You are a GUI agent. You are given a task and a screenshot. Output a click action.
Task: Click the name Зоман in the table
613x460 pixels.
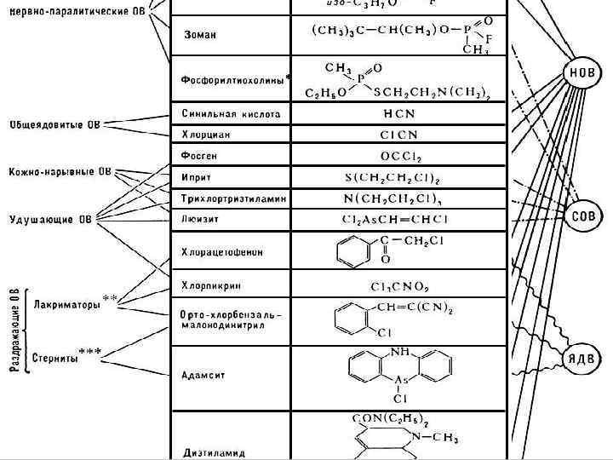(200, 35)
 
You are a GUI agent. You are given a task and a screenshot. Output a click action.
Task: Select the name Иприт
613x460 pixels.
(197, 178)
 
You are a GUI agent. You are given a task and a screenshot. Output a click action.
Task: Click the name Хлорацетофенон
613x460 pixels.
(222, 252)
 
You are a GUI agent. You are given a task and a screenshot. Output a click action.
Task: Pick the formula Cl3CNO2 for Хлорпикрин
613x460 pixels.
(398, 285)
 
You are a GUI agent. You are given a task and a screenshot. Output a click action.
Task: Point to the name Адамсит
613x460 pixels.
(204, 375)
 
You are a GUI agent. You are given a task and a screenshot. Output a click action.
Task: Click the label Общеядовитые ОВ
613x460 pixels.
(54, 125)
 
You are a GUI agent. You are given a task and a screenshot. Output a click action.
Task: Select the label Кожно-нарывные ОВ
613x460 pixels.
(60, 172)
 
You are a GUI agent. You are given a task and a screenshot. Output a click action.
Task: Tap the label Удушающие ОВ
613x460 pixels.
(50, 219)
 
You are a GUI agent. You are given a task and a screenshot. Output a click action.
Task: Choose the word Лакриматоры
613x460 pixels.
(66, 304)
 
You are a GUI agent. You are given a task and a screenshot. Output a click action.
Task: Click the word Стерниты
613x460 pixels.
(54, 359)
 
